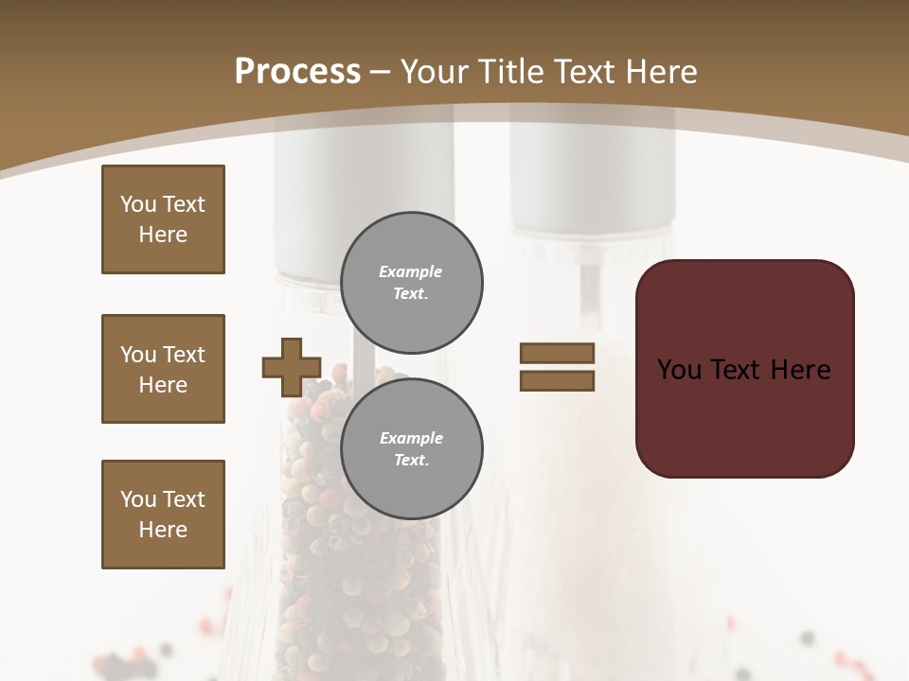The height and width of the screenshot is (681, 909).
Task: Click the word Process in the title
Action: tap(297, 71)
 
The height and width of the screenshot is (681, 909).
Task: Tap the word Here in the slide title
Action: tap(659, 72)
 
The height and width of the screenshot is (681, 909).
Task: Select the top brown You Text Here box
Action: tap(163, 219)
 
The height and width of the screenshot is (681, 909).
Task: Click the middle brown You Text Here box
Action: tap(163, 369)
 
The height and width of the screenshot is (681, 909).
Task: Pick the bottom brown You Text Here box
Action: tap(163, 515)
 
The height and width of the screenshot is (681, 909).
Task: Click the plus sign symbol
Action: tap(292, 367)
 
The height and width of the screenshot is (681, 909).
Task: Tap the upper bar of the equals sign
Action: tap(557, 353)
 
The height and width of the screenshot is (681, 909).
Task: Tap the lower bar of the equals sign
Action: tap(557, 380)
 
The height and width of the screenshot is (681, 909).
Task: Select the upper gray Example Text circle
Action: tap(412, 283)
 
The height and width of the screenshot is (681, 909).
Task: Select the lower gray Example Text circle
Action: tap(412, 449)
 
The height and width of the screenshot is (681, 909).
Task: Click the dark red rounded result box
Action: tap(744, 368)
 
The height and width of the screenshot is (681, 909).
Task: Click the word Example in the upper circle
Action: tap(410, 271)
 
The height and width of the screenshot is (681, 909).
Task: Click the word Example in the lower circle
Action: tap(411, 438)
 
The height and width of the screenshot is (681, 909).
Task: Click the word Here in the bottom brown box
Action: tap(163, 530)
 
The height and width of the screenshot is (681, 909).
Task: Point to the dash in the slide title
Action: tap(381, 72)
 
